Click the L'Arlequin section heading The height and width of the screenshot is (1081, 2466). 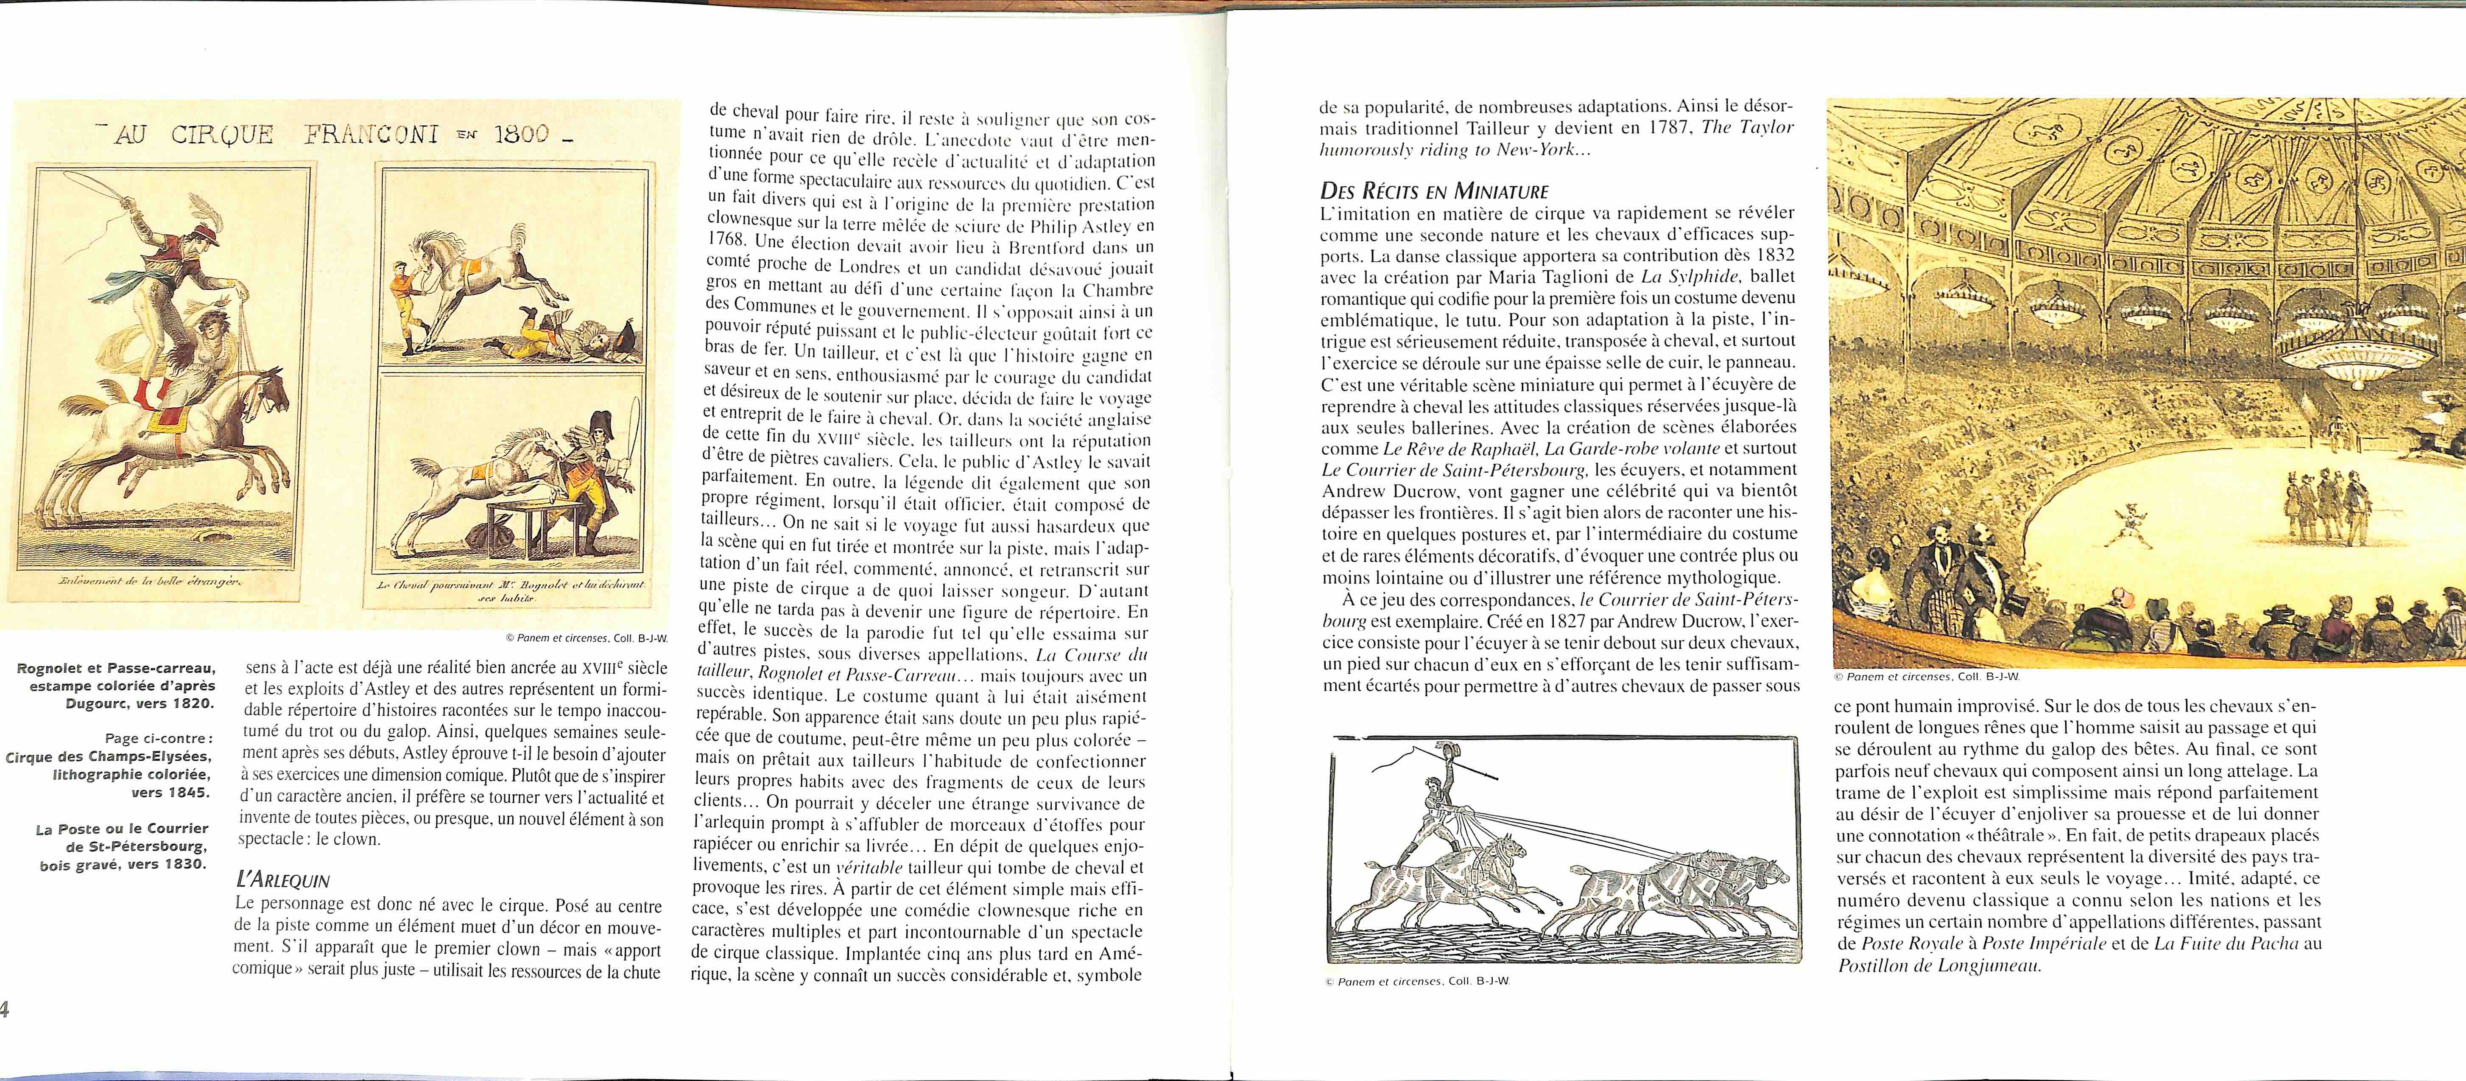pyautogui.click(x=283, y=880)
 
